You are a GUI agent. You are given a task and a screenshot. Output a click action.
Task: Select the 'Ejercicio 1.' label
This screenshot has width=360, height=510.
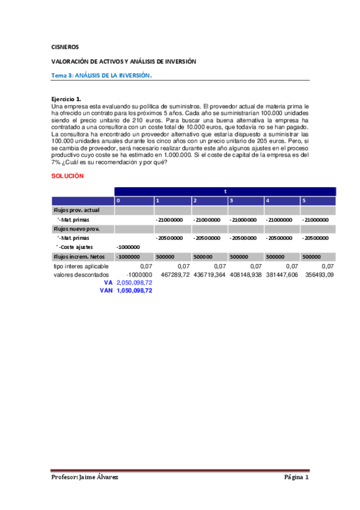click(x=66, y=98)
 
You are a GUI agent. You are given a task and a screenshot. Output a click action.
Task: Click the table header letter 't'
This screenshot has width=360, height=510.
click(x=225, y=191)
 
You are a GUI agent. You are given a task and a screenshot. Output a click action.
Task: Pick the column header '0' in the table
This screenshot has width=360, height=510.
click(x=118, y=200)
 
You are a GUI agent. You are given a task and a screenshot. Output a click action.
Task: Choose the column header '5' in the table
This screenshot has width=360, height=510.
click(x=304, y=200)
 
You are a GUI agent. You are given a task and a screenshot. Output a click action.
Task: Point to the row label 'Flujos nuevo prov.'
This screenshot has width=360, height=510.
click(x=76, y=229)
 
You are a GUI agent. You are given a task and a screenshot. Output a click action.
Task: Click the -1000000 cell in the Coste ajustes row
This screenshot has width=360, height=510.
click(x=128, y=247)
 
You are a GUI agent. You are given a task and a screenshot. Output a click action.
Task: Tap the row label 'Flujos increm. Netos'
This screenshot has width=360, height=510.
click(x=79, y=256)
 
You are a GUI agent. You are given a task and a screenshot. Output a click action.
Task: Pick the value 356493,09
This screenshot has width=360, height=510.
click(x=318, y=274)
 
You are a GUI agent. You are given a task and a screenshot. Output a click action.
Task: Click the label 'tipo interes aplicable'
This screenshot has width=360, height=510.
click(x=80, y=266)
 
